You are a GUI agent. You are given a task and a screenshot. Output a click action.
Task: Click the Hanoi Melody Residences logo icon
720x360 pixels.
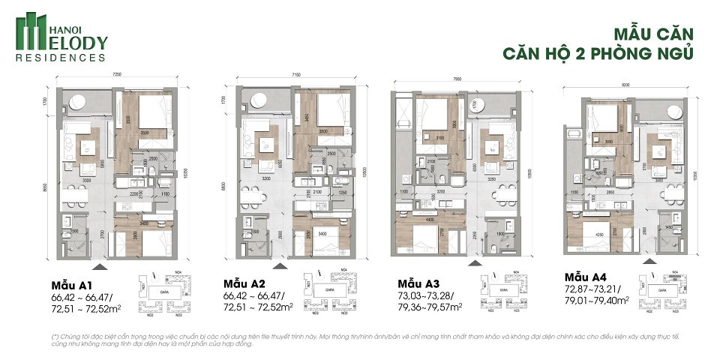coord(31,31)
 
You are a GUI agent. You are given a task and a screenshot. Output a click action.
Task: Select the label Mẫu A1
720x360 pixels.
coord(71,286)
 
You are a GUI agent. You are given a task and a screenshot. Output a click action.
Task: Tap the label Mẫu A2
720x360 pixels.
coord(244,283)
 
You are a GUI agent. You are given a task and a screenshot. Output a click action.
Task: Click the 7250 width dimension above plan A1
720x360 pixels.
coord(117,75)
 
